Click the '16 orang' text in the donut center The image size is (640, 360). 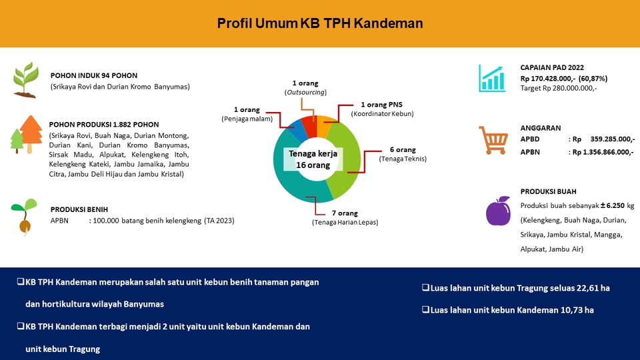tap(313, 165)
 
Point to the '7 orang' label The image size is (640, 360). tap(345, 213)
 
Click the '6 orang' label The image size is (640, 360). tap(403, 149)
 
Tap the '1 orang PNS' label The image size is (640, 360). tap(382, 105)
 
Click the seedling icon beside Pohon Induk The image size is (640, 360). tap(25, 80)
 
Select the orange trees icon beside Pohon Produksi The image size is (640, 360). tap(25, 134)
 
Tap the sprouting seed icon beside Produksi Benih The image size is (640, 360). tap(23, 217)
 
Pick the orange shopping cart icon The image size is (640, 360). tap(494, 139)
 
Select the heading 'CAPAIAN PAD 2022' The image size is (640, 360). tap(552, 68)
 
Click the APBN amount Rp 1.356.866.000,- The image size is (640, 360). tap(603, 151)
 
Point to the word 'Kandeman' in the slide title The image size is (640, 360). tap(389, 23)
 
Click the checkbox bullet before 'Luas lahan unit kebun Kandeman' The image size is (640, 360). tap(425, 310)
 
